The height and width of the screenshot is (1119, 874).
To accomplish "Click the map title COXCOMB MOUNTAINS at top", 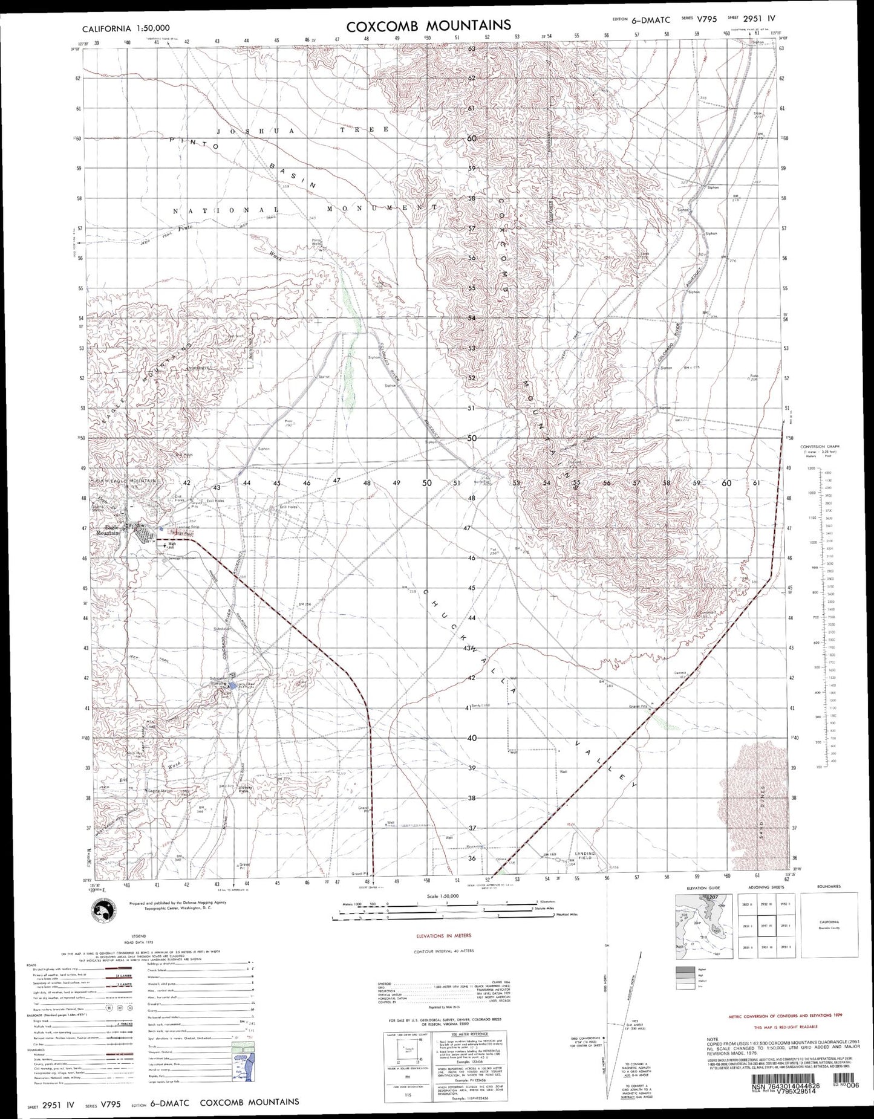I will tap(428, 25).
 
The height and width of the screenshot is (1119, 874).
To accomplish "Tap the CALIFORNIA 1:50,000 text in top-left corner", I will tap(126, 28).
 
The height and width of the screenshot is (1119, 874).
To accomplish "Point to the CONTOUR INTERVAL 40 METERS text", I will tap(443, 951).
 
